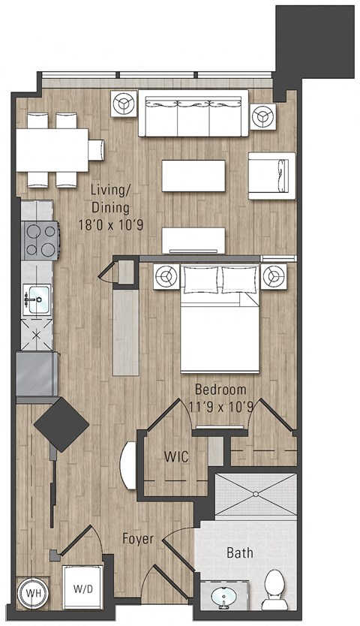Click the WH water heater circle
coord(32,591)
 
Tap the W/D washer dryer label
coord(79,589)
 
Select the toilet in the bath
coord(274,588)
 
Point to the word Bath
coord(241,554)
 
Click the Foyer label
coord(139,539)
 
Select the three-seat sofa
coord(193,114)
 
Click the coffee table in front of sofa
coord(193,176)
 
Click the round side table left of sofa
coord(123,104)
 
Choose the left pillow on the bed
coord(199,279)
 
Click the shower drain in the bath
coord(256,494)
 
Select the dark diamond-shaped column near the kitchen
coord(61,425)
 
